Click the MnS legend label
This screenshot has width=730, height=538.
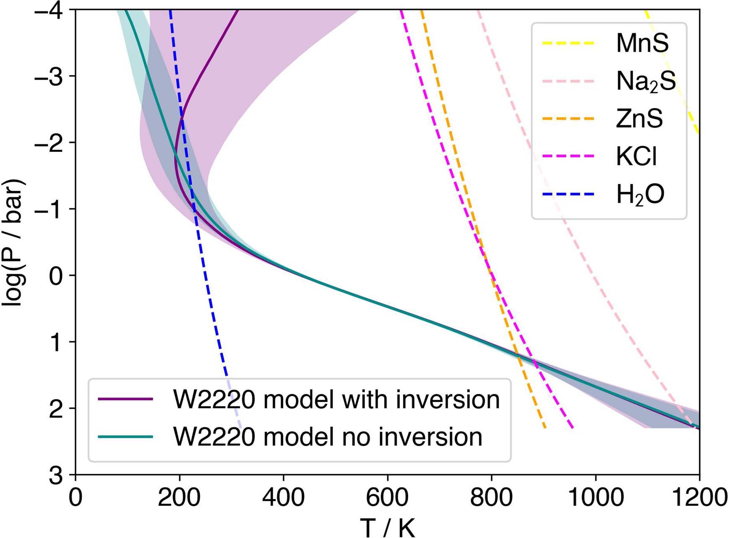[x=642, y=43]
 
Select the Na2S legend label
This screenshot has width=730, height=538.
[x=646, y=81]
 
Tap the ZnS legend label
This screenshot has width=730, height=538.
[x=639, y=119]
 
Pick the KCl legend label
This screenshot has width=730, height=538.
[x=636, y=156]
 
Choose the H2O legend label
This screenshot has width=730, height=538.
[x=640, y=195]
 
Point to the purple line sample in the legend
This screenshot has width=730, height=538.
[x=125, y=399]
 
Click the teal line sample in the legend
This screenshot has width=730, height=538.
[x=125, y=437]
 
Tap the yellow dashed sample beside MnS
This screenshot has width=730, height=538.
[x=568, y=43]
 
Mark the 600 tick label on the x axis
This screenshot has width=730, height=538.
[x=387, y=498]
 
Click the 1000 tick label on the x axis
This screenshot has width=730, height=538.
[x=595, y=498]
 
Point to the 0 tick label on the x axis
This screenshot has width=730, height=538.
[x=76, y=498]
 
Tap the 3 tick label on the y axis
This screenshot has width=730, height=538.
[x=55, y=476]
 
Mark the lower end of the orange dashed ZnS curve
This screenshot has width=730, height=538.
[x=545, y=428]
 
